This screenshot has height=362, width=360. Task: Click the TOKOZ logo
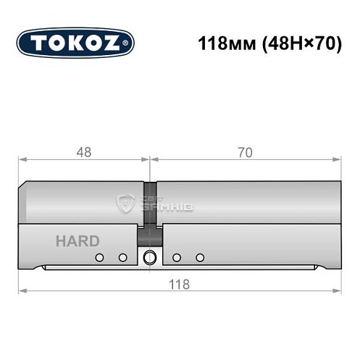click(x=75, y=42)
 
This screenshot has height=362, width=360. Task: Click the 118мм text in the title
click(x=222, y=43)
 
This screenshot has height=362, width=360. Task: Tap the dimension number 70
click(x=245, y=153)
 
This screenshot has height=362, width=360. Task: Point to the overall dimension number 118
click(x=180, y=284)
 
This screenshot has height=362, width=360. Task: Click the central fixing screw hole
click(x=151, y=257)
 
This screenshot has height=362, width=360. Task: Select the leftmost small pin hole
click(x=100, y=258)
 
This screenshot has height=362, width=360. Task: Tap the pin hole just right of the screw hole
click(x=176, y=258)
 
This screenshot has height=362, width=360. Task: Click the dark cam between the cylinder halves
click(x=151, y=236)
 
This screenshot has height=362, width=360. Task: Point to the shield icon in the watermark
click(x=128, y=205)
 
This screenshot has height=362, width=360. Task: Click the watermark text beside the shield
click(x=166, y=205)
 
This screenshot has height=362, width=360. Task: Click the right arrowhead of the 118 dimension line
click(x=338, y=292)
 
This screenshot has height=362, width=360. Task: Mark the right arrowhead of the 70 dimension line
click(x=338, y=161)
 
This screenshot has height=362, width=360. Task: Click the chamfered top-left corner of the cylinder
click(x=25, y=185)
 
